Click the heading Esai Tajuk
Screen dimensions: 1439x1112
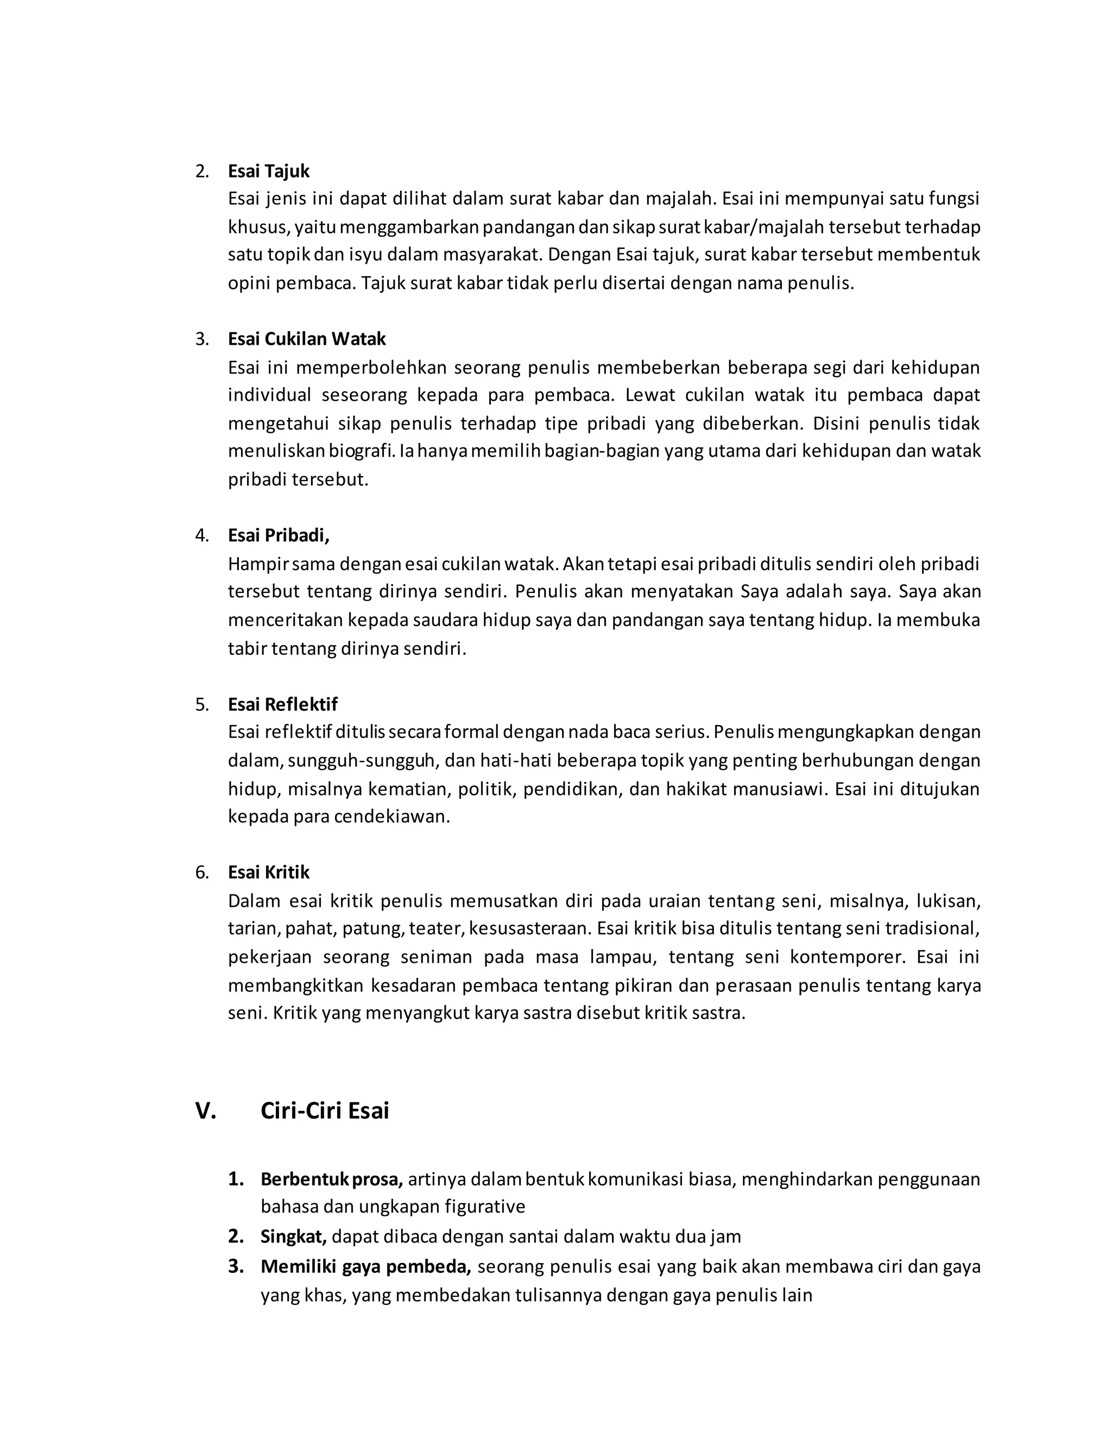(x=268, y=171)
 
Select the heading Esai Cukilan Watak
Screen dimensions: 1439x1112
(x=306, y=339)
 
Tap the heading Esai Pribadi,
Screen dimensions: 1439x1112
(x=278, y=535)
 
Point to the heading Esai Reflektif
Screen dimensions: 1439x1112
(x=282, y=704)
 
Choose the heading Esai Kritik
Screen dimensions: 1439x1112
(x=268, y=873)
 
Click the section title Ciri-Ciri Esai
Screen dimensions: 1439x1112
(x=324, y=1111)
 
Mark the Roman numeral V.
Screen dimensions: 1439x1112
(x=206, y=1111)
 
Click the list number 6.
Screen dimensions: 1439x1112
(x=201, y=873)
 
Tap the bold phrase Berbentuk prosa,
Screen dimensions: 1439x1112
(x=331, y=1179)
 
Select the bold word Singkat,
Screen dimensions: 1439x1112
(x=293, y=1236)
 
